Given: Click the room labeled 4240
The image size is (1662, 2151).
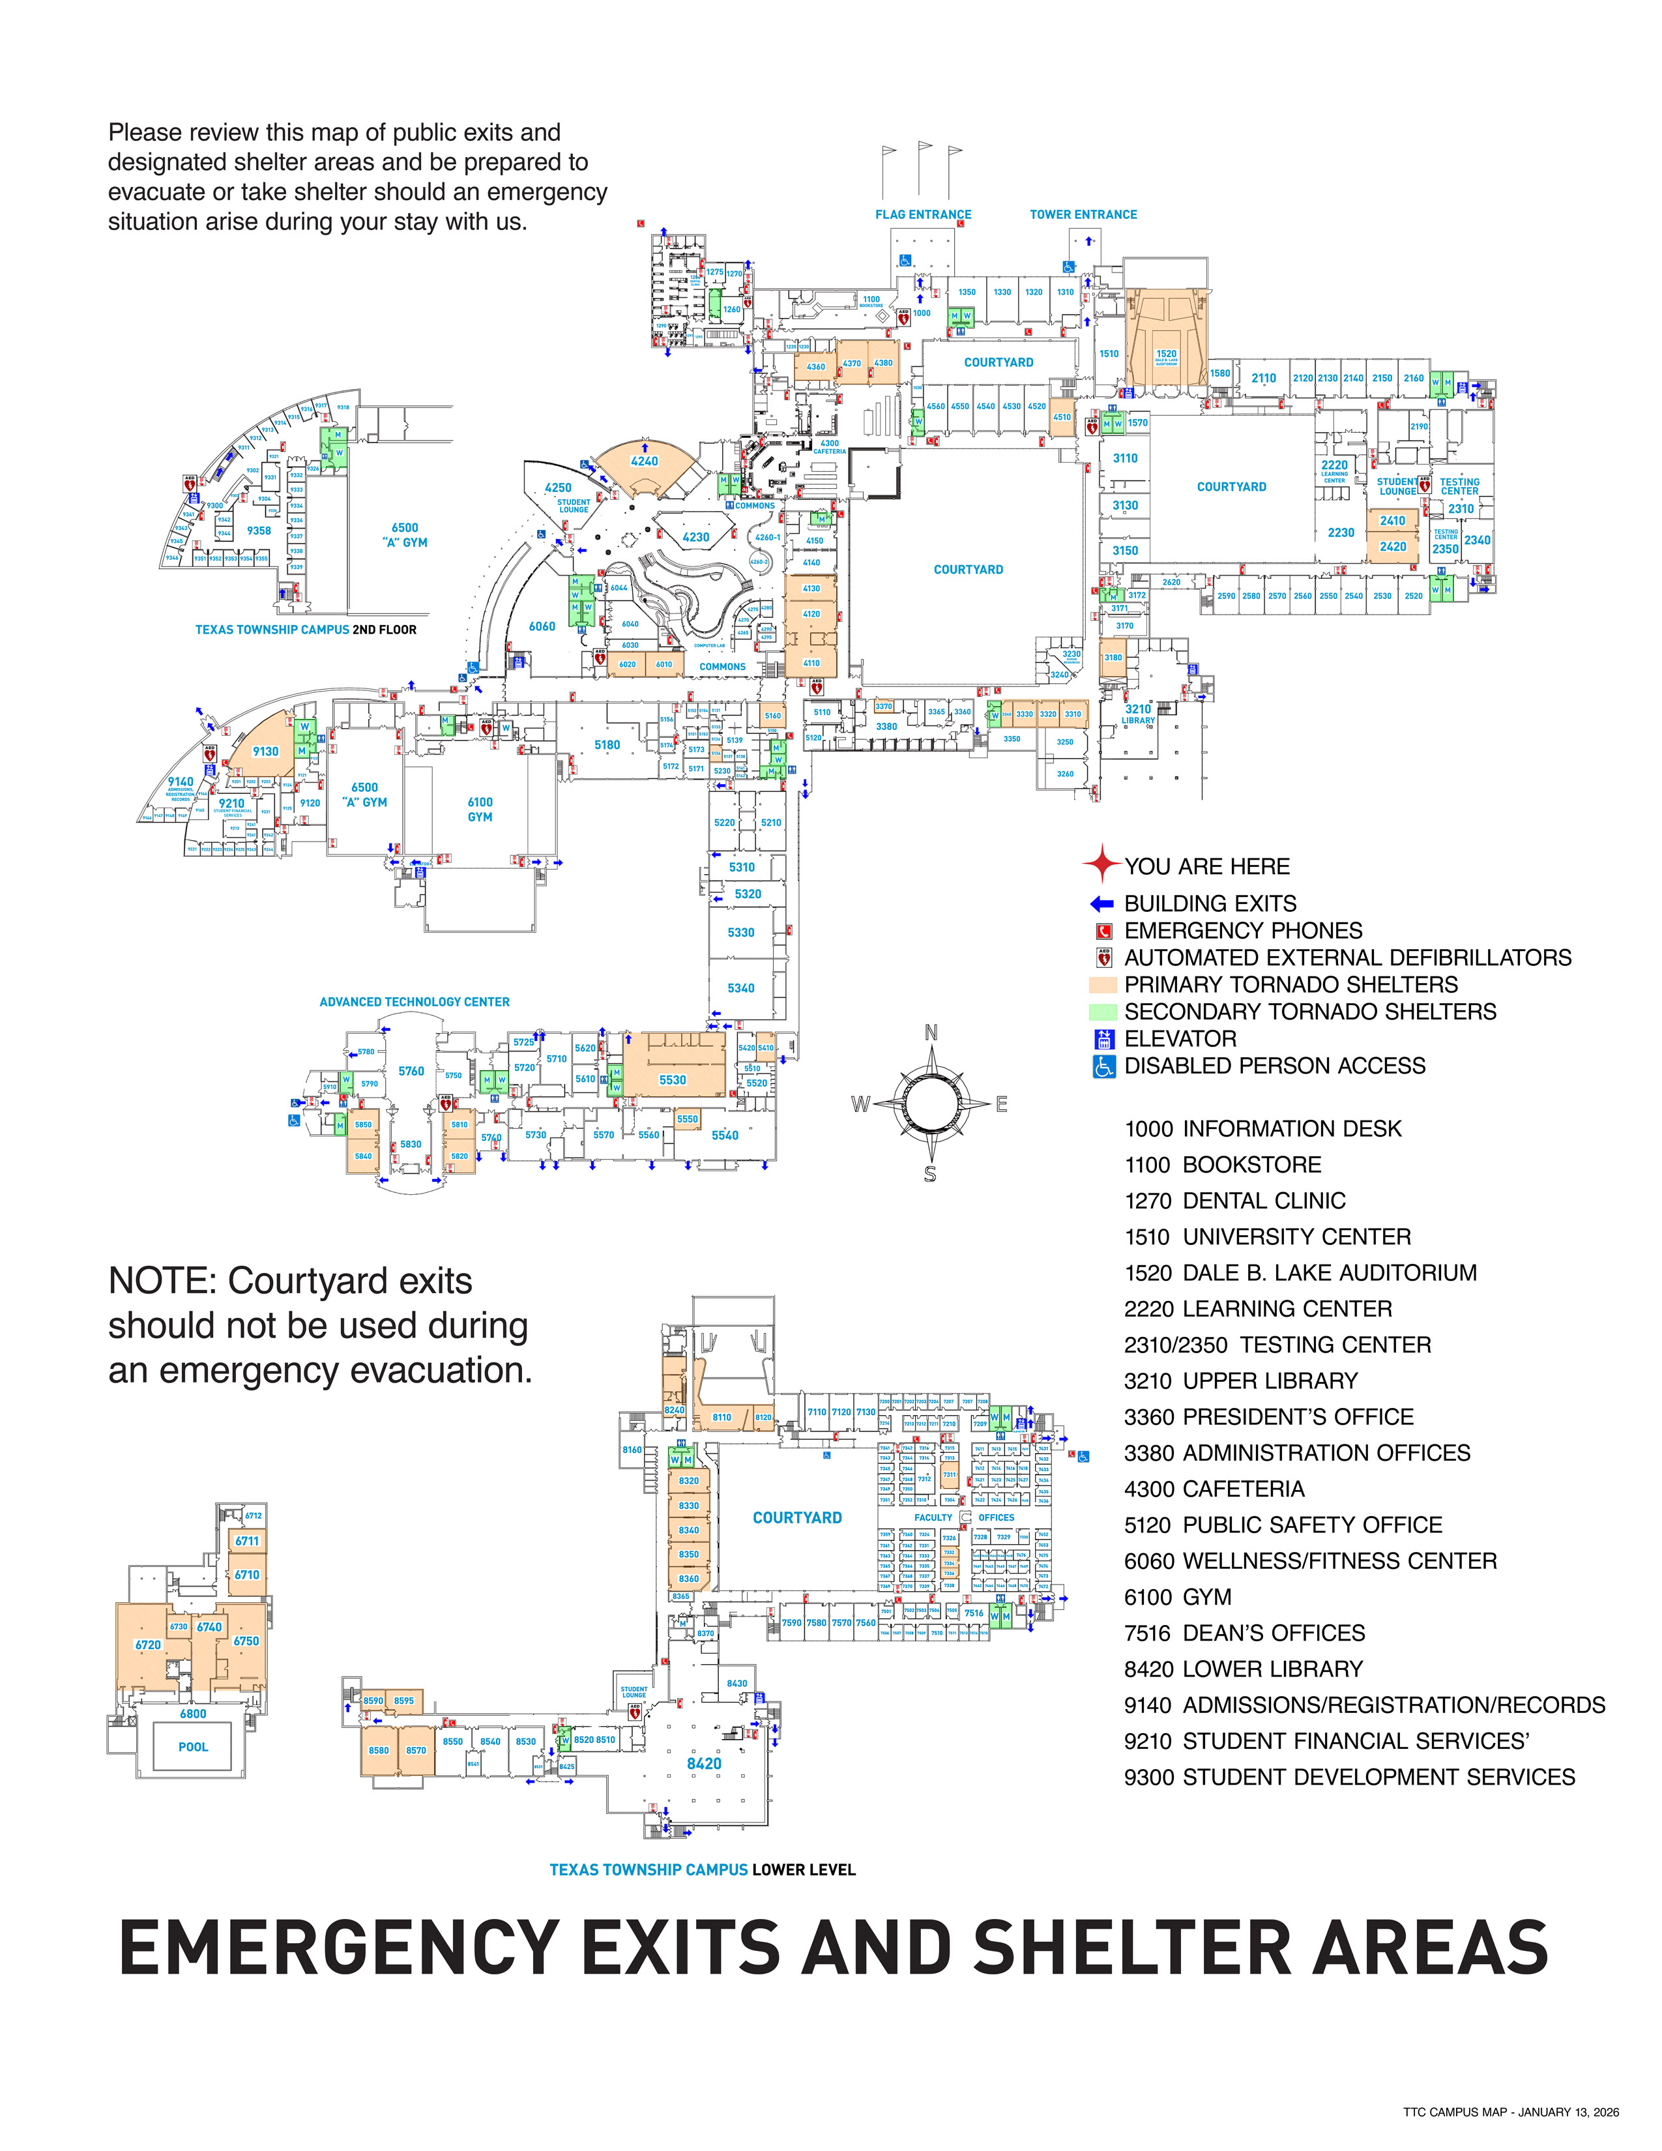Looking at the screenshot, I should pyautogui.click(x=644, y=461).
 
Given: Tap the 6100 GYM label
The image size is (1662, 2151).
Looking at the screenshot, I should pyautogui.click(x=480, y=810).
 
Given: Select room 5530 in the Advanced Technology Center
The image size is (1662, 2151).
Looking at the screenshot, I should pyautogui.click(x=673, y=1079).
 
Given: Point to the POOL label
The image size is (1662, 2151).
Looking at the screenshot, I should pyautogui.click(x=193, y=1746).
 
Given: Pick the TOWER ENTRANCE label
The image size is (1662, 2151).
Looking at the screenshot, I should pyautogui.click(x=1083, y=214).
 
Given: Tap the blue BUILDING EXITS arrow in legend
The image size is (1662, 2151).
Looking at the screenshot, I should pyautogui.click(x=1101, y=903).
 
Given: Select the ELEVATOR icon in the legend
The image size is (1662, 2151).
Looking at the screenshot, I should pyautogui.click(x=1103, y=1039).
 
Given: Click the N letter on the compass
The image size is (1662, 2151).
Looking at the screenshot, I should pyautogui.click(x=931, y=1032).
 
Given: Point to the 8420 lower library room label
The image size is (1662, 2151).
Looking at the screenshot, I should pyautogui.click(x=704, y=1763).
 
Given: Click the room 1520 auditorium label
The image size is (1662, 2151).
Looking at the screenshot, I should pyautogui.click(x=1166, y=355).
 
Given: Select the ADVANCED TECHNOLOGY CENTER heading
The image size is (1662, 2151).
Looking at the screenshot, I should pyautogui.click(x=415, y=1002).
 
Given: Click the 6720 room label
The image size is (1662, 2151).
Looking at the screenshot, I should pyautogui.click(x=148, y=1645).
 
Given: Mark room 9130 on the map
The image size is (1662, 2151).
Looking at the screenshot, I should pyautogui.click(x=266, y=752).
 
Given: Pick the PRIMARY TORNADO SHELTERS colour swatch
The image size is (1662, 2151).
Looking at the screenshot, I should pyautogui.click(x=1103, y=985).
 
